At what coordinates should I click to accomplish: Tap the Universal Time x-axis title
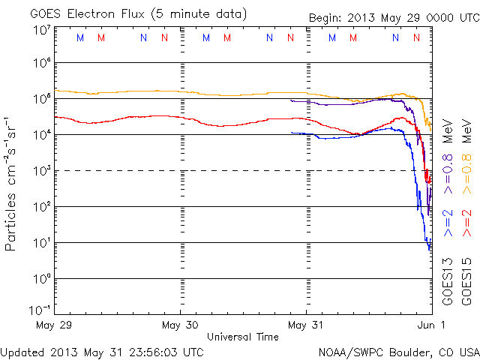(x=243, y=337)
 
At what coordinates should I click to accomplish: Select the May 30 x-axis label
(x=180, y=325)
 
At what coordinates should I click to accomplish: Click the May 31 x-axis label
(x=306, y=325)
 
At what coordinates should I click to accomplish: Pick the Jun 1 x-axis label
(x=432, y=325)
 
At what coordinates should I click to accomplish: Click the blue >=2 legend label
(x=448, y=223)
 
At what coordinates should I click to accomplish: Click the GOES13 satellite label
(x=448, y=280)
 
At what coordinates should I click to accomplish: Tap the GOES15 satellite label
(x=466, y=280)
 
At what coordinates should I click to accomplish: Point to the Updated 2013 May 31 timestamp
(x=102, y=351)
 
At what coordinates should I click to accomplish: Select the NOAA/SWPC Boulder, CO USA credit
(x=398, y=351)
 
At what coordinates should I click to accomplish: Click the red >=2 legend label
(x=466, y=223)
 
